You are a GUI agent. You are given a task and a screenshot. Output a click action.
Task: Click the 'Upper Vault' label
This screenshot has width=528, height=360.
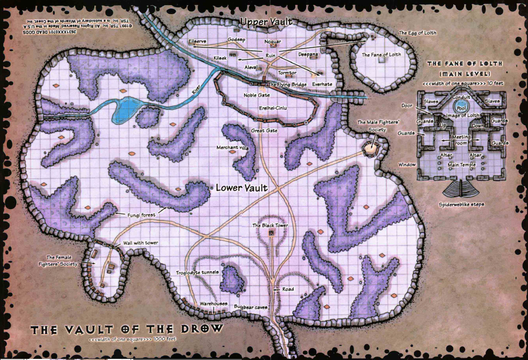click(x=266, y=21)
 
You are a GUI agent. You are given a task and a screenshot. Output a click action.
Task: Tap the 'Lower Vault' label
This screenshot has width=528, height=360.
click(x=241, y=187)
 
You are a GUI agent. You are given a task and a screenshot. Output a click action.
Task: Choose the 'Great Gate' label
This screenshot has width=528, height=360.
click(x=264, y=131)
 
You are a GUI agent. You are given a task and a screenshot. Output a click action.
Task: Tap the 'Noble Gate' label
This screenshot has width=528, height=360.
click(x=256, y=96)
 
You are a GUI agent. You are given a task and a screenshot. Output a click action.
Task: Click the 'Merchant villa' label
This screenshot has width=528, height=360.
click(x=232, y=148)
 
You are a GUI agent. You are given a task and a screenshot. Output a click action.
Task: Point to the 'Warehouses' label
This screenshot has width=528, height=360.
click(x=213, y=303)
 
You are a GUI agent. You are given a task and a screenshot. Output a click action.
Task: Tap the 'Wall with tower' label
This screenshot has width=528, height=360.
click(x=141, y=243)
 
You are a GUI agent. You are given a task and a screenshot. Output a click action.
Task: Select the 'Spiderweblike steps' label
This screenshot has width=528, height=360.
click(x=461, y=204)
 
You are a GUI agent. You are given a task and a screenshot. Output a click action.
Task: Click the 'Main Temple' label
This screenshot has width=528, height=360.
click(x=461, y=164)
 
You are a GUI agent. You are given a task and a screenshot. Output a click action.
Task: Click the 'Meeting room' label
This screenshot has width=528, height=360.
click(x=461, y=139)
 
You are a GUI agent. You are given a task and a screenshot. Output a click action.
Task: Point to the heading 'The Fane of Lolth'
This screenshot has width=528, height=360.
click(x=465, y=64)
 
